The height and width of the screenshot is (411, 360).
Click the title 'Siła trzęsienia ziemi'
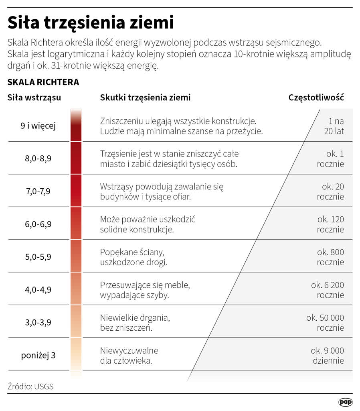tap(91, 22)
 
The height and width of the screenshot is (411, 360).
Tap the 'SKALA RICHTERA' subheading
tap(43, 82)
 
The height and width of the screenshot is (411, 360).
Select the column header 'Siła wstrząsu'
tap(34, 98)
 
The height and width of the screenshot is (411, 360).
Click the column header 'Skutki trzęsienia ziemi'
tap(145, 98)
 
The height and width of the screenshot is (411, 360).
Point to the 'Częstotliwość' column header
tap(316, 98)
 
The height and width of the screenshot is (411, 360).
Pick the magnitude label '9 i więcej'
tap(38, 126)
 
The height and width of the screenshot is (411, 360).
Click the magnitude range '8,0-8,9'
tap(38, 159)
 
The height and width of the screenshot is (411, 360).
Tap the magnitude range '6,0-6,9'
tap(38, 224)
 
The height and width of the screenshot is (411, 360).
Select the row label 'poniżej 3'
tap(38, 355)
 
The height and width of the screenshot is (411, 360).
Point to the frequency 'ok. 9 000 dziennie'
tap(328, 355)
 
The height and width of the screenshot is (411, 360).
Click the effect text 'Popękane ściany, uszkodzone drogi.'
tap(134, 257)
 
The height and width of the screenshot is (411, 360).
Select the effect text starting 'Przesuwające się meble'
tap(144, 290)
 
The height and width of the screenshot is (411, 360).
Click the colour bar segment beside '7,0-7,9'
tap(76, 191)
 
